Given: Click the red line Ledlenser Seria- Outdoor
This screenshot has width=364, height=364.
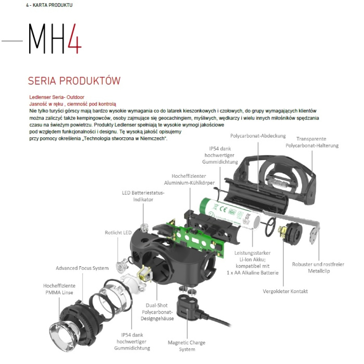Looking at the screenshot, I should coord(57,97).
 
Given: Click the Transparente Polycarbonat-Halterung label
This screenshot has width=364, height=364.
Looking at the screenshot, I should coord(312,142).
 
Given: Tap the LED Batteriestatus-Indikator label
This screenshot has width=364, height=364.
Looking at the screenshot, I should coord(143,196).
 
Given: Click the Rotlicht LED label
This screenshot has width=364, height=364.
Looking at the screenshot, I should coord(118,232).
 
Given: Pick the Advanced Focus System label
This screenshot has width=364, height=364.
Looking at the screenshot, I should coord(82,268).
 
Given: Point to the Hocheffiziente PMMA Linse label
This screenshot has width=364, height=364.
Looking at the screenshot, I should coord(58,289).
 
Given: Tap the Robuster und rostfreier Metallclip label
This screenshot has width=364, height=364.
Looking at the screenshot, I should coord(318,268).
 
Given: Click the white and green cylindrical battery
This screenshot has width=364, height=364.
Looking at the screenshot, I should coord(231,214).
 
